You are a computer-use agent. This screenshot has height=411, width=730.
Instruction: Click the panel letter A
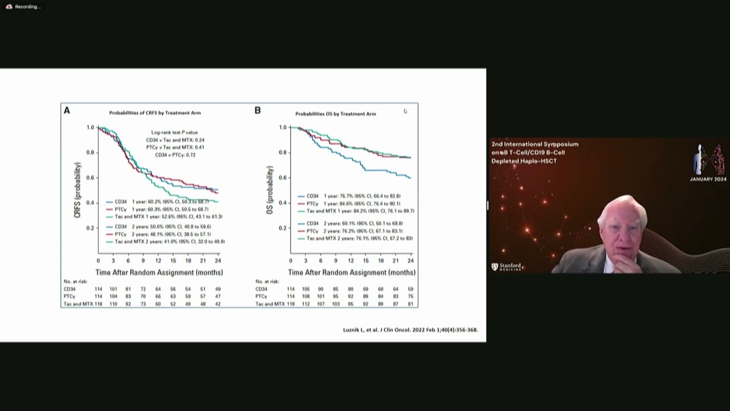click(67, 111)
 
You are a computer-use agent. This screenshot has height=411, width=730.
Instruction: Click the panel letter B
click(257, 111)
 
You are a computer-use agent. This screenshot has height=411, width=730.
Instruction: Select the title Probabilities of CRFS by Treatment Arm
click(155, 113)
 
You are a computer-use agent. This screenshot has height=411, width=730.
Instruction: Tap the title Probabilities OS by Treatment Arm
click(335, 114)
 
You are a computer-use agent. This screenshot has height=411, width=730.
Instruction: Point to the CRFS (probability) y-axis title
click(78, 190)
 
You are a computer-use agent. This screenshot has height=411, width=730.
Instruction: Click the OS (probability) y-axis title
click(270, 190)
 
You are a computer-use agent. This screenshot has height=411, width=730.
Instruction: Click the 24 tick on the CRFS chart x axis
click(218, 261)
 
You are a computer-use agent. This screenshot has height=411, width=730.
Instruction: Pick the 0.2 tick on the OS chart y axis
click(283, 228)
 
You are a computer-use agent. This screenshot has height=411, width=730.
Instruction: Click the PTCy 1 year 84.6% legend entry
click(352, 203)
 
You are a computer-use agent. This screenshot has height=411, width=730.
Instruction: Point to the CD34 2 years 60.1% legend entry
click(354, 223)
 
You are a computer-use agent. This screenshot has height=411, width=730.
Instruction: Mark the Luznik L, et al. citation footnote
click(410, 330)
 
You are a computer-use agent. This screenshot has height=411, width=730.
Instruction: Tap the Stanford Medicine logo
click(506, 267)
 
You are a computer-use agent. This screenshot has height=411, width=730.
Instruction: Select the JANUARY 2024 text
click(708, 179)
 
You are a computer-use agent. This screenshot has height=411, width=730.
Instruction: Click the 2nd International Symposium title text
click(534, 144)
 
